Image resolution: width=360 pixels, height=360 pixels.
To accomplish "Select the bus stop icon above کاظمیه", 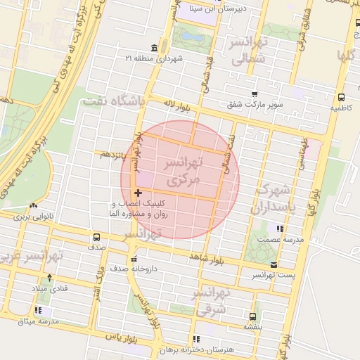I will point(341,98).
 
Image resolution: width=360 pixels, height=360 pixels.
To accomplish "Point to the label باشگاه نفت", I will point(112,102).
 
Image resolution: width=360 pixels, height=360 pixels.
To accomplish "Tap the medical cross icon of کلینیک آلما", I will point(138,193).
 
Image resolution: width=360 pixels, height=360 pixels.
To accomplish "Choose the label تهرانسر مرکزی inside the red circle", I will point(181,172).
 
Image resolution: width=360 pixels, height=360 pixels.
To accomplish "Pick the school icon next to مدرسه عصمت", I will point(280,229).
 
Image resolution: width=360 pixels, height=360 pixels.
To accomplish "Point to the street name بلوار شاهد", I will point(205,258).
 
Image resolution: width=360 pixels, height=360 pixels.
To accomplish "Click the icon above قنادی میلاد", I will point(49,277).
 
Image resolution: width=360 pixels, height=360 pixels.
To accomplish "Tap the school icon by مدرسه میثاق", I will point(38,309).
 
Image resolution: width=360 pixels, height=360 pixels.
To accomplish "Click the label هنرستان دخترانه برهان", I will point(214,349).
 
